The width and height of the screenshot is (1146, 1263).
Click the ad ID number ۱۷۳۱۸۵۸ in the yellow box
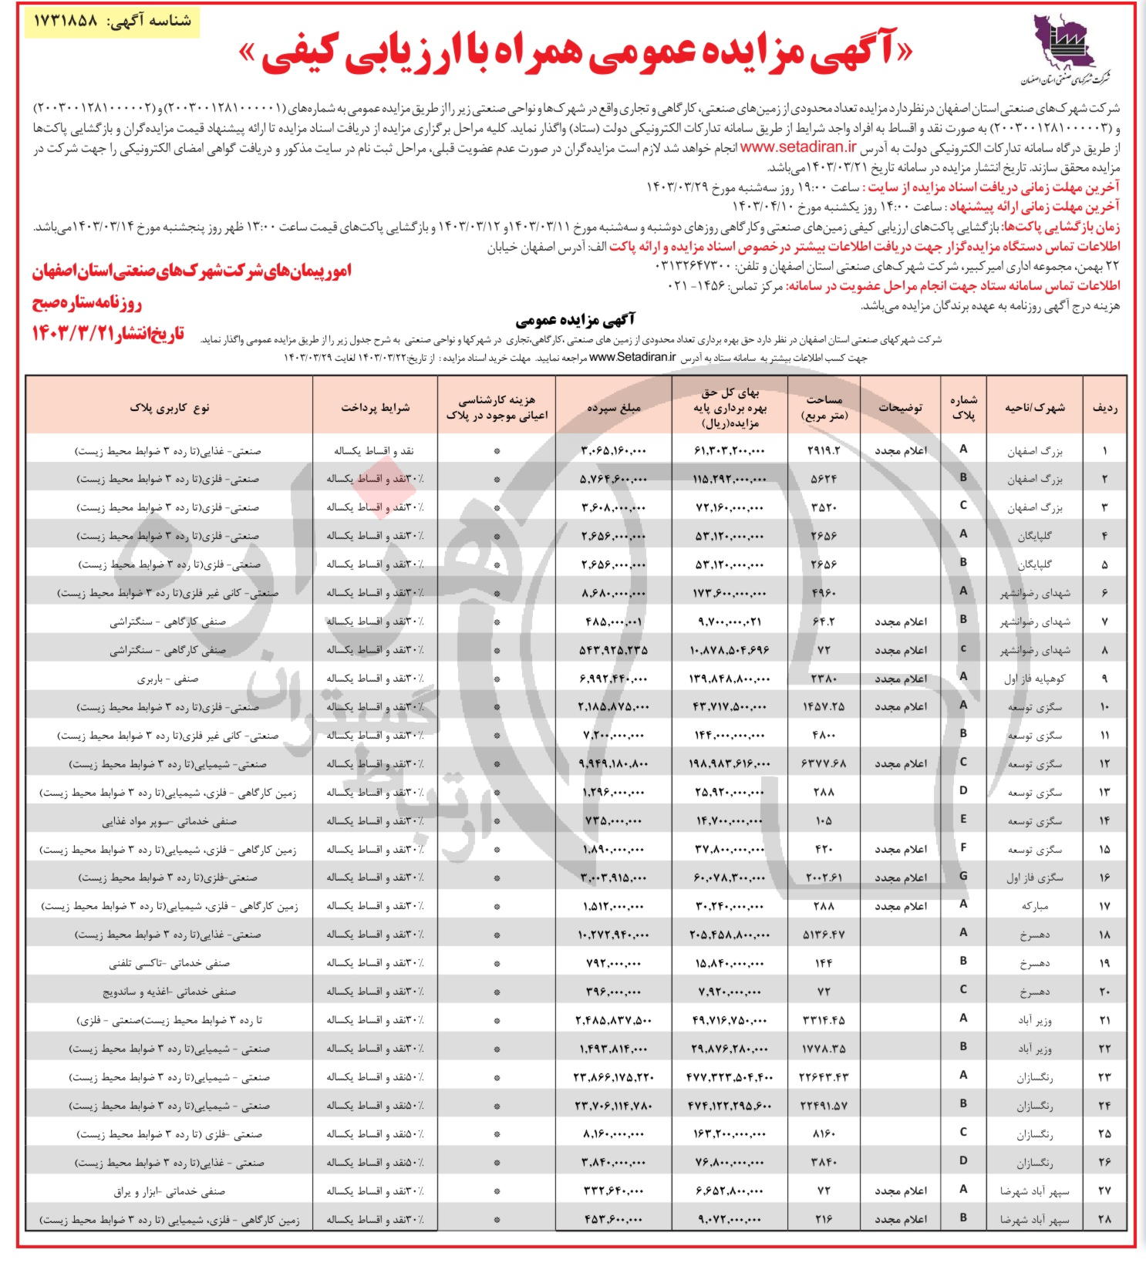click(66, 21)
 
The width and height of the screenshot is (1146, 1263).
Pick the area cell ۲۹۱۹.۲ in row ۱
click(824, 450)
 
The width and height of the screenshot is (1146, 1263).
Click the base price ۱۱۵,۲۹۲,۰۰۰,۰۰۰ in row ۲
click(729, 479)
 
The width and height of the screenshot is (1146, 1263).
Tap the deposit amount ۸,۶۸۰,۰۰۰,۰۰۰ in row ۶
click(613, 593)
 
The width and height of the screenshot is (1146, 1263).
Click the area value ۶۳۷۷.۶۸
click(824, 764)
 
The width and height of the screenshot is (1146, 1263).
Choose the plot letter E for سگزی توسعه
click(963, 820)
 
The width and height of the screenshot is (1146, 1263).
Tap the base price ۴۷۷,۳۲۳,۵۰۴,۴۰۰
click(729, 1077)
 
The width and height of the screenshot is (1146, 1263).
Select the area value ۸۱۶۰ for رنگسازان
click(824, 1134)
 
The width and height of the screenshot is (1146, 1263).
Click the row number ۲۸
click(1104, 1219)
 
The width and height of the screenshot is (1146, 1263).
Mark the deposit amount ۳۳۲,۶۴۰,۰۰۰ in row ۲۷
click(613, 1191)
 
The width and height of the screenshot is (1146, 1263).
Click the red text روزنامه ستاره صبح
click(87, 302)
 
